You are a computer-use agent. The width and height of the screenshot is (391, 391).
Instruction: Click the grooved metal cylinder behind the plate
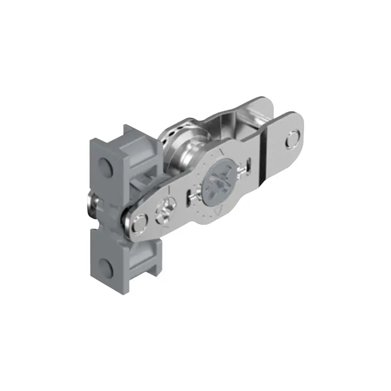point(183,147)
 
